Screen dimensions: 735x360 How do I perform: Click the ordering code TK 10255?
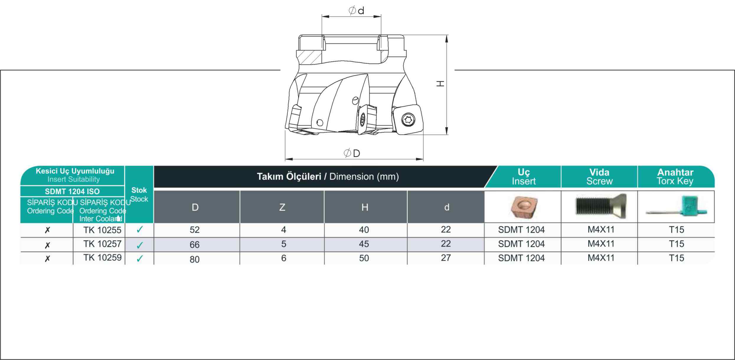102,230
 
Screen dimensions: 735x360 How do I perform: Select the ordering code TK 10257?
102,244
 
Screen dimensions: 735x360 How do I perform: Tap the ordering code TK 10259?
102,258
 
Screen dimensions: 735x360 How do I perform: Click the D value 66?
195,245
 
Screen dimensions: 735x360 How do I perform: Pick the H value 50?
364,258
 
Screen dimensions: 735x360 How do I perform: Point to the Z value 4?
284,230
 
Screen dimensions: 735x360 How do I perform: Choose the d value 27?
446,258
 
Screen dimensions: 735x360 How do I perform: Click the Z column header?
282,207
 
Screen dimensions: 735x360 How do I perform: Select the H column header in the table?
365,207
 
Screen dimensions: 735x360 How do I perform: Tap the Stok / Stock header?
139,194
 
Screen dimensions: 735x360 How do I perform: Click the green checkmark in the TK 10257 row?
140,245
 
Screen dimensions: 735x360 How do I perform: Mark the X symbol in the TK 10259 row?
47,258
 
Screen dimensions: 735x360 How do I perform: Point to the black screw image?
601,206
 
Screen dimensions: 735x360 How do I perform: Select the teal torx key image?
677,207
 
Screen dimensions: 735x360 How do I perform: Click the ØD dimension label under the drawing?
352,153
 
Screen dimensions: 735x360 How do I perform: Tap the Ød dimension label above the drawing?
356,11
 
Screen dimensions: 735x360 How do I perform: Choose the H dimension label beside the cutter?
440,84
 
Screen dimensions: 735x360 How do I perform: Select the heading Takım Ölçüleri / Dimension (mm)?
328,177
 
